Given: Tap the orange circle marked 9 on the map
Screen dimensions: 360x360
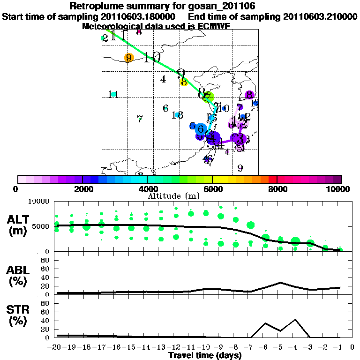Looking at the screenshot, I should [x=128, y=58].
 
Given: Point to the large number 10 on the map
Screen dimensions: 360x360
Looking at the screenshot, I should [x=152, y=58].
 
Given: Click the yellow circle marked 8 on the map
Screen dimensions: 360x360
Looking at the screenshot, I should [x=184, y=82].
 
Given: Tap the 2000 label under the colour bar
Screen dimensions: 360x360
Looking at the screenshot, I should [x=82, y=189].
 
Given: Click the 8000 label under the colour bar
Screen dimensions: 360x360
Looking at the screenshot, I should [x=277, y=189].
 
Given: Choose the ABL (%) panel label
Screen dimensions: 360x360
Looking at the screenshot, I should [x=19, y=275].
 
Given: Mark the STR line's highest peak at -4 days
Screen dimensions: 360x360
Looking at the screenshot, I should [x=295, y=320].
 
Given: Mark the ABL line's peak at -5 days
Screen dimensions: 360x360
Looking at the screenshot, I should [x=280, y=283].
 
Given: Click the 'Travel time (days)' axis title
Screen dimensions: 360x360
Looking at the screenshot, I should [x=205, y=355].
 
